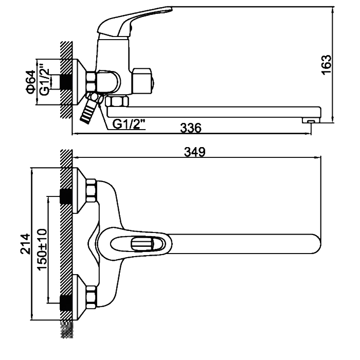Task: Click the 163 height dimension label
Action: click(x=327, y=65)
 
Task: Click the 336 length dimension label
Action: click(x=191, y=128)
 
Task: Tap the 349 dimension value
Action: click(x=195, y=152)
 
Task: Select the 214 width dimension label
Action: click(x=25, y=244)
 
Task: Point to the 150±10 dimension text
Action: click(x=43, y=249)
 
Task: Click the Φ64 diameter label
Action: click(x=31, y=82)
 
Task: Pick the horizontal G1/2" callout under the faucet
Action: click(x=129, y=124)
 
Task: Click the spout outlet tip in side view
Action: click(x=311, y=120)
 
